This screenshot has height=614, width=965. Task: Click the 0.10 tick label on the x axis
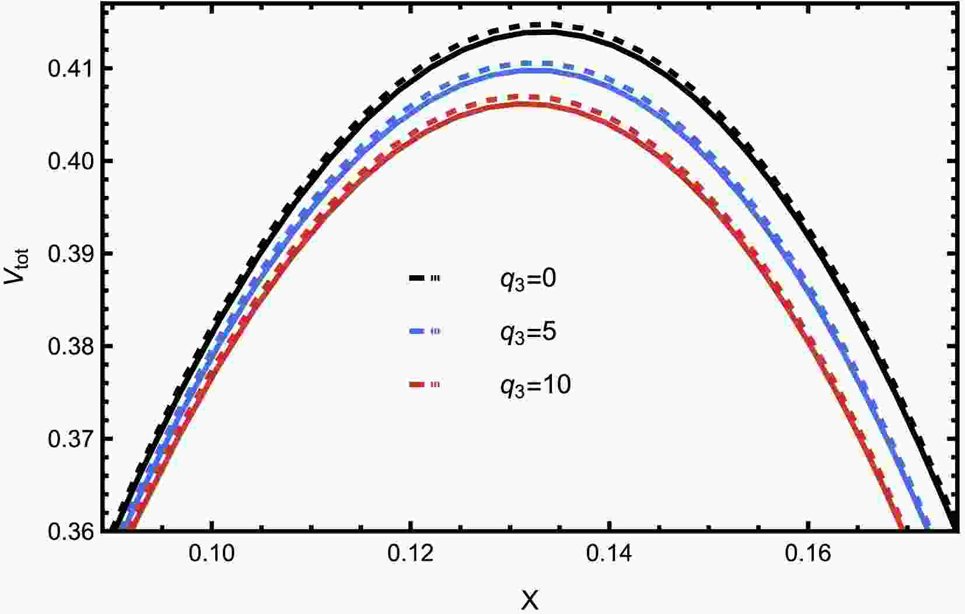pyautogui.click(x=212, y=554)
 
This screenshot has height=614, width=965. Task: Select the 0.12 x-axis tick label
pyautogui.click(x=411, y=554)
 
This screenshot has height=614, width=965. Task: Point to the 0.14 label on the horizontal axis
pyautogui.click(x=609, y=554)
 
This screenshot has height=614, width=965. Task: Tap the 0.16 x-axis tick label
pyautogui.click(x=807, y=554)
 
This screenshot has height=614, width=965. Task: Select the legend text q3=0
pyautogui.click(x=528, y=279)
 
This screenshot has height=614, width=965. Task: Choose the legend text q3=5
pyautogui.click(x=528, y=332)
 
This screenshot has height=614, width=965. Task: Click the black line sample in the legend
pyautogui.click(x=424, y=279)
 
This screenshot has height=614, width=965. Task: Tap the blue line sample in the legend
pyautogui.click(x=424, y=332)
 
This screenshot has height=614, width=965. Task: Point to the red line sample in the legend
pyautogui.click(x=424, y=385)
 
